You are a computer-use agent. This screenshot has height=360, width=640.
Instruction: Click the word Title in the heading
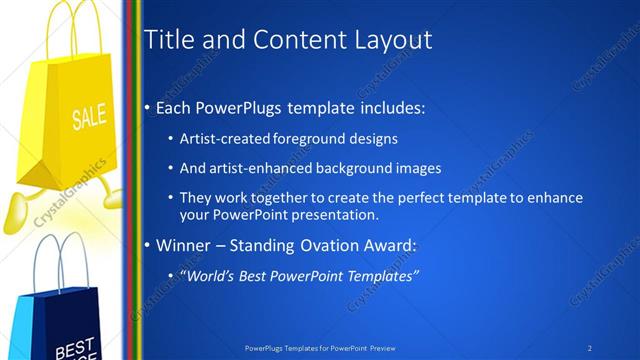pos(169,40)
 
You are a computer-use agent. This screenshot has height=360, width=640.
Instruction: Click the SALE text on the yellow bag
pos(88,118)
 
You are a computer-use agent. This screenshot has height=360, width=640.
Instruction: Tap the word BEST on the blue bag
pos(74,348)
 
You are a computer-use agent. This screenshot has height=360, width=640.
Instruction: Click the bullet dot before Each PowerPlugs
pos(148,106)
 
